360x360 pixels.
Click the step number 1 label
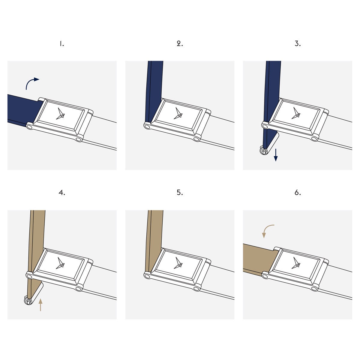62,44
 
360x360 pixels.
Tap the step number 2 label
180,44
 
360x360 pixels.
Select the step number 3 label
298,44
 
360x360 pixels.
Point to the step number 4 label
62,193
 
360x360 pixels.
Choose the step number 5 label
180,193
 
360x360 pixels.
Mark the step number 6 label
298,193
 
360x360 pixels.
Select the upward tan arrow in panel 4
40,305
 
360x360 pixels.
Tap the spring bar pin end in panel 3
263,151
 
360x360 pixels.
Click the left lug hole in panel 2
147,127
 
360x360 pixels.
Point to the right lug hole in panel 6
314,289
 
